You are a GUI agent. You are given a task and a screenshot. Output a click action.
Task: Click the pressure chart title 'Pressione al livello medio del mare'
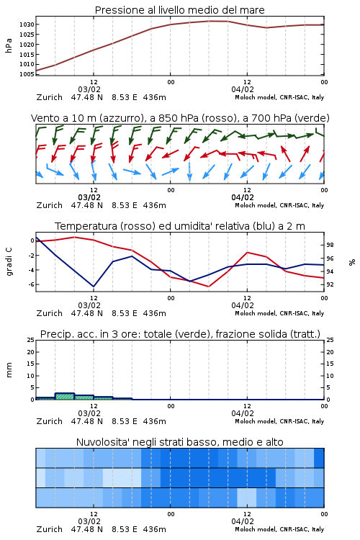point(179,10)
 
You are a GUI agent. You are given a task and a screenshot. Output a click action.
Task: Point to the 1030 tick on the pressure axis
point(27,24)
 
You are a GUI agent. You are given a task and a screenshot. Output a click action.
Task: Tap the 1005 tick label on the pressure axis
point(27,74)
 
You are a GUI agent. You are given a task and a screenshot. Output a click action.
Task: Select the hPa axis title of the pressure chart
point(9,45)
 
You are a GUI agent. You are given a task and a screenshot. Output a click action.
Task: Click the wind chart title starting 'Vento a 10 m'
point(180,118)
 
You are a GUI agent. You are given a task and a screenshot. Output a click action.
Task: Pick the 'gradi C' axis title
point(9,261)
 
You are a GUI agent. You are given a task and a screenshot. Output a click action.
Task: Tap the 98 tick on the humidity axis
point(330,245)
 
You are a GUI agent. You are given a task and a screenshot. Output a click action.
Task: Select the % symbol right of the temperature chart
point(352,262)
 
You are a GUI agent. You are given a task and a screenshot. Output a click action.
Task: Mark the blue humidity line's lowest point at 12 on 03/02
point(94,287)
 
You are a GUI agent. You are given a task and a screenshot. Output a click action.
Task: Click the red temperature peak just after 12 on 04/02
point(248,253)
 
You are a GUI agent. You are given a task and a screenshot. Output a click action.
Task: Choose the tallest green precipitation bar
point(64,396)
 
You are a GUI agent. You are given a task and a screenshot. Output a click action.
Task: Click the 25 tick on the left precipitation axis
point(30,340)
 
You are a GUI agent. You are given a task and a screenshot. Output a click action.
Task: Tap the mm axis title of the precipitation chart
point(9,370)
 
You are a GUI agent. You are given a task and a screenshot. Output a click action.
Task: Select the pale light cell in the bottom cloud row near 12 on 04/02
point(247,498)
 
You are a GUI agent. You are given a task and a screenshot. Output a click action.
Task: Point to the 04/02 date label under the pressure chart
point(243,89)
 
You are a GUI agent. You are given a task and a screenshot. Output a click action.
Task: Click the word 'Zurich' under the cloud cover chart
point(49,529)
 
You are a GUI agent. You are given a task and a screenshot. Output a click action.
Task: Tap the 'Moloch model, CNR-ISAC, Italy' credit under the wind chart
point(279,205)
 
